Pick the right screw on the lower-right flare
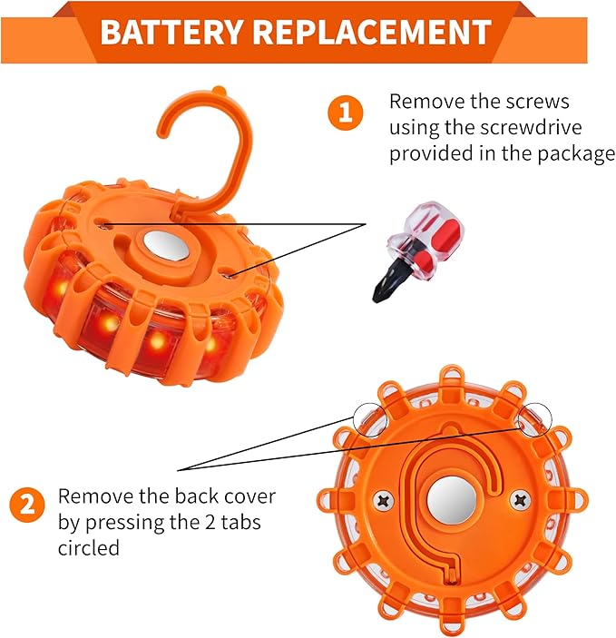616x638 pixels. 520,498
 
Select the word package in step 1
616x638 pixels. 568,153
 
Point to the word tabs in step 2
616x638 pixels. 230,523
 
